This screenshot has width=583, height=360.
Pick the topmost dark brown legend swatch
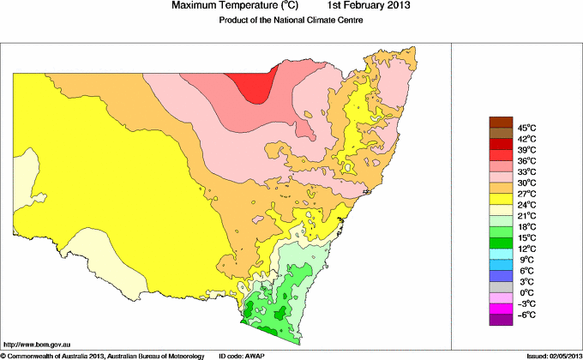(x=500, y=122)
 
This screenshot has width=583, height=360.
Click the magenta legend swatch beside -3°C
(x=500, y=309)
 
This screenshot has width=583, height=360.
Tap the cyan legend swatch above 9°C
(x=500, y=254)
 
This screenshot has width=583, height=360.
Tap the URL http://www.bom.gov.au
(x=35, y=343)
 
